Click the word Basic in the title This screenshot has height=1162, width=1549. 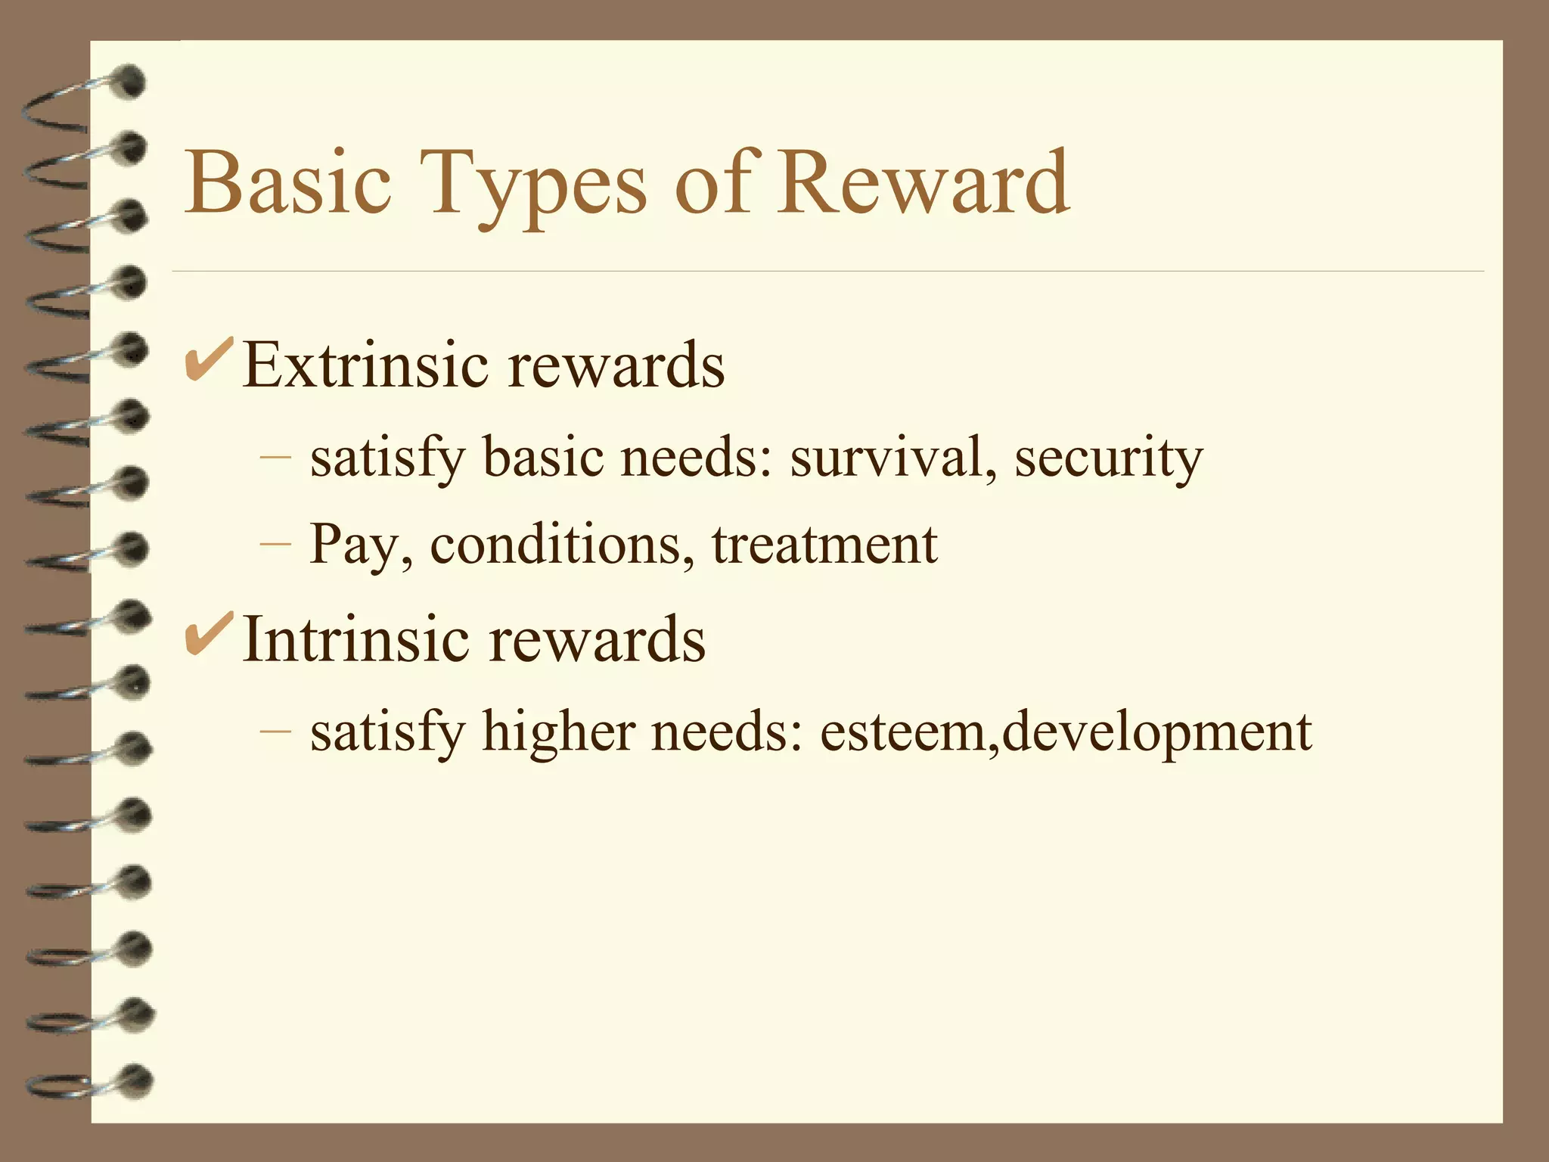288,183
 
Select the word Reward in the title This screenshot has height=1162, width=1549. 924,183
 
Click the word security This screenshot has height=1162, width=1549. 1108,458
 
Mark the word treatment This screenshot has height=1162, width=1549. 824,544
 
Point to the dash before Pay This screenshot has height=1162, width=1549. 275,545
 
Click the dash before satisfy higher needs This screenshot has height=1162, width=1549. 275,732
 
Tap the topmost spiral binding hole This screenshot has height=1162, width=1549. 130,82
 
